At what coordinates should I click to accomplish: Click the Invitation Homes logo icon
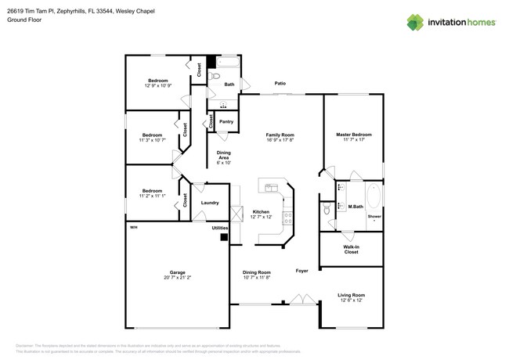coord(415,22)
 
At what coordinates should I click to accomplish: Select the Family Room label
coord(280,135)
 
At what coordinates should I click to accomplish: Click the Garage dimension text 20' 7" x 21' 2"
coord(178,277)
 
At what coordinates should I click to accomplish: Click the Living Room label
coord(351,294)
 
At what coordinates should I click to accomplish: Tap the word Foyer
coord(301,271)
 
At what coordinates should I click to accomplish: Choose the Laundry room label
coord(210,203)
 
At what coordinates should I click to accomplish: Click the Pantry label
coord(226,121)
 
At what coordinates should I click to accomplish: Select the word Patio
coord(280,83)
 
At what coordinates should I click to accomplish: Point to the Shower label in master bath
coord(374,216)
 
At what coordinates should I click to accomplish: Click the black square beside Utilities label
coord(223,236)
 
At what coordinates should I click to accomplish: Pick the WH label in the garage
coord(133,227)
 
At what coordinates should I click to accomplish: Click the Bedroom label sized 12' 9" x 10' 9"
coord(158,81)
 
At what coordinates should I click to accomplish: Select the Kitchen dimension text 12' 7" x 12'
coord(261,217)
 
